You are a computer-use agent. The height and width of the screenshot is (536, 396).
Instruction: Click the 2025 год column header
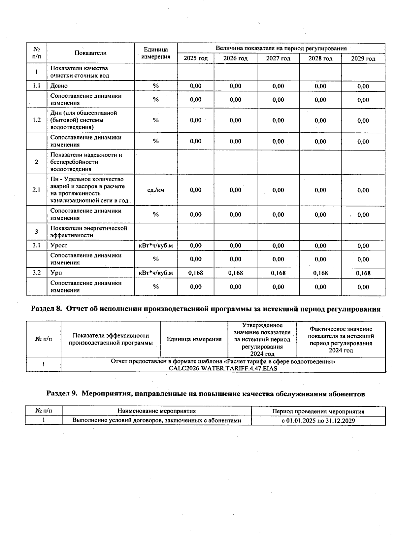[196, 58]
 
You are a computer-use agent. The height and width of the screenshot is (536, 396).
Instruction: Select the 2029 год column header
[363, 59]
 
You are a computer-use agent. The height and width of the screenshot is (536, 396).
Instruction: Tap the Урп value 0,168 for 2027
[278, 273]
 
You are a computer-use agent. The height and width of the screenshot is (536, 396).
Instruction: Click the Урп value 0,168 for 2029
[363, 273]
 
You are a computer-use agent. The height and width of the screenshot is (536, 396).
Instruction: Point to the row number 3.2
[37, 273]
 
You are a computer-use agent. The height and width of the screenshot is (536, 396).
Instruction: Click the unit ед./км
[156, 190]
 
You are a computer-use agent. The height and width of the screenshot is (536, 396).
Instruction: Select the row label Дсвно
[59, 86]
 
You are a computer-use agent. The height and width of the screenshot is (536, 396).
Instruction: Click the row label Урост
[59, 246]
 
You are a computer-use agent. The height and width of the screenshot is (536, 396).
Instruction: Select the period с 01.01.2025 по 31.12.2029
[318, 420]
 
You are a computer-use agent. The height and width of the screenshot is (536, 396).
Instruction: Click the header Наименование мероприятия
[157, 411]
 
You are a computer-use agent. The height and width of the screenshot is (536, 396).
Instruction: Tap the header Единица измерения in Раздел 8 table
[194, 339]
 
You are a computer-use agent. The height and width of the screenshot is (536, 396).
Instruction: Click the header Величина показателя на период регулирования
[281, 49]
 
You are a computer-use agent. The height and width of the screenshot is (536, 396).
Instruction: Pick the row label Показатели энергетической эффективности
[88, 232]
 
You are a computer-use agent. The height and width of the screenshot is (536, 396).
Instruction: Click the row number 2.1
[37, 190]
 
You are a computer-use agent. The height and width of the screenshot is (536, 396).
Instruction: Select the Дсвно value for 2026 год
[235, 86]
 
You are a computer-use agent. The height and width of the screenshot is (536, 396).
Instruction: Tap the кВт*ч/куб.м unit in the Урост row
[156, 246]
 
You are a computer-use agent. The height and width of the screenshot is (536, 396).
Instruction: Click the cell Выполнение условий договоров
[157, 420]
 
